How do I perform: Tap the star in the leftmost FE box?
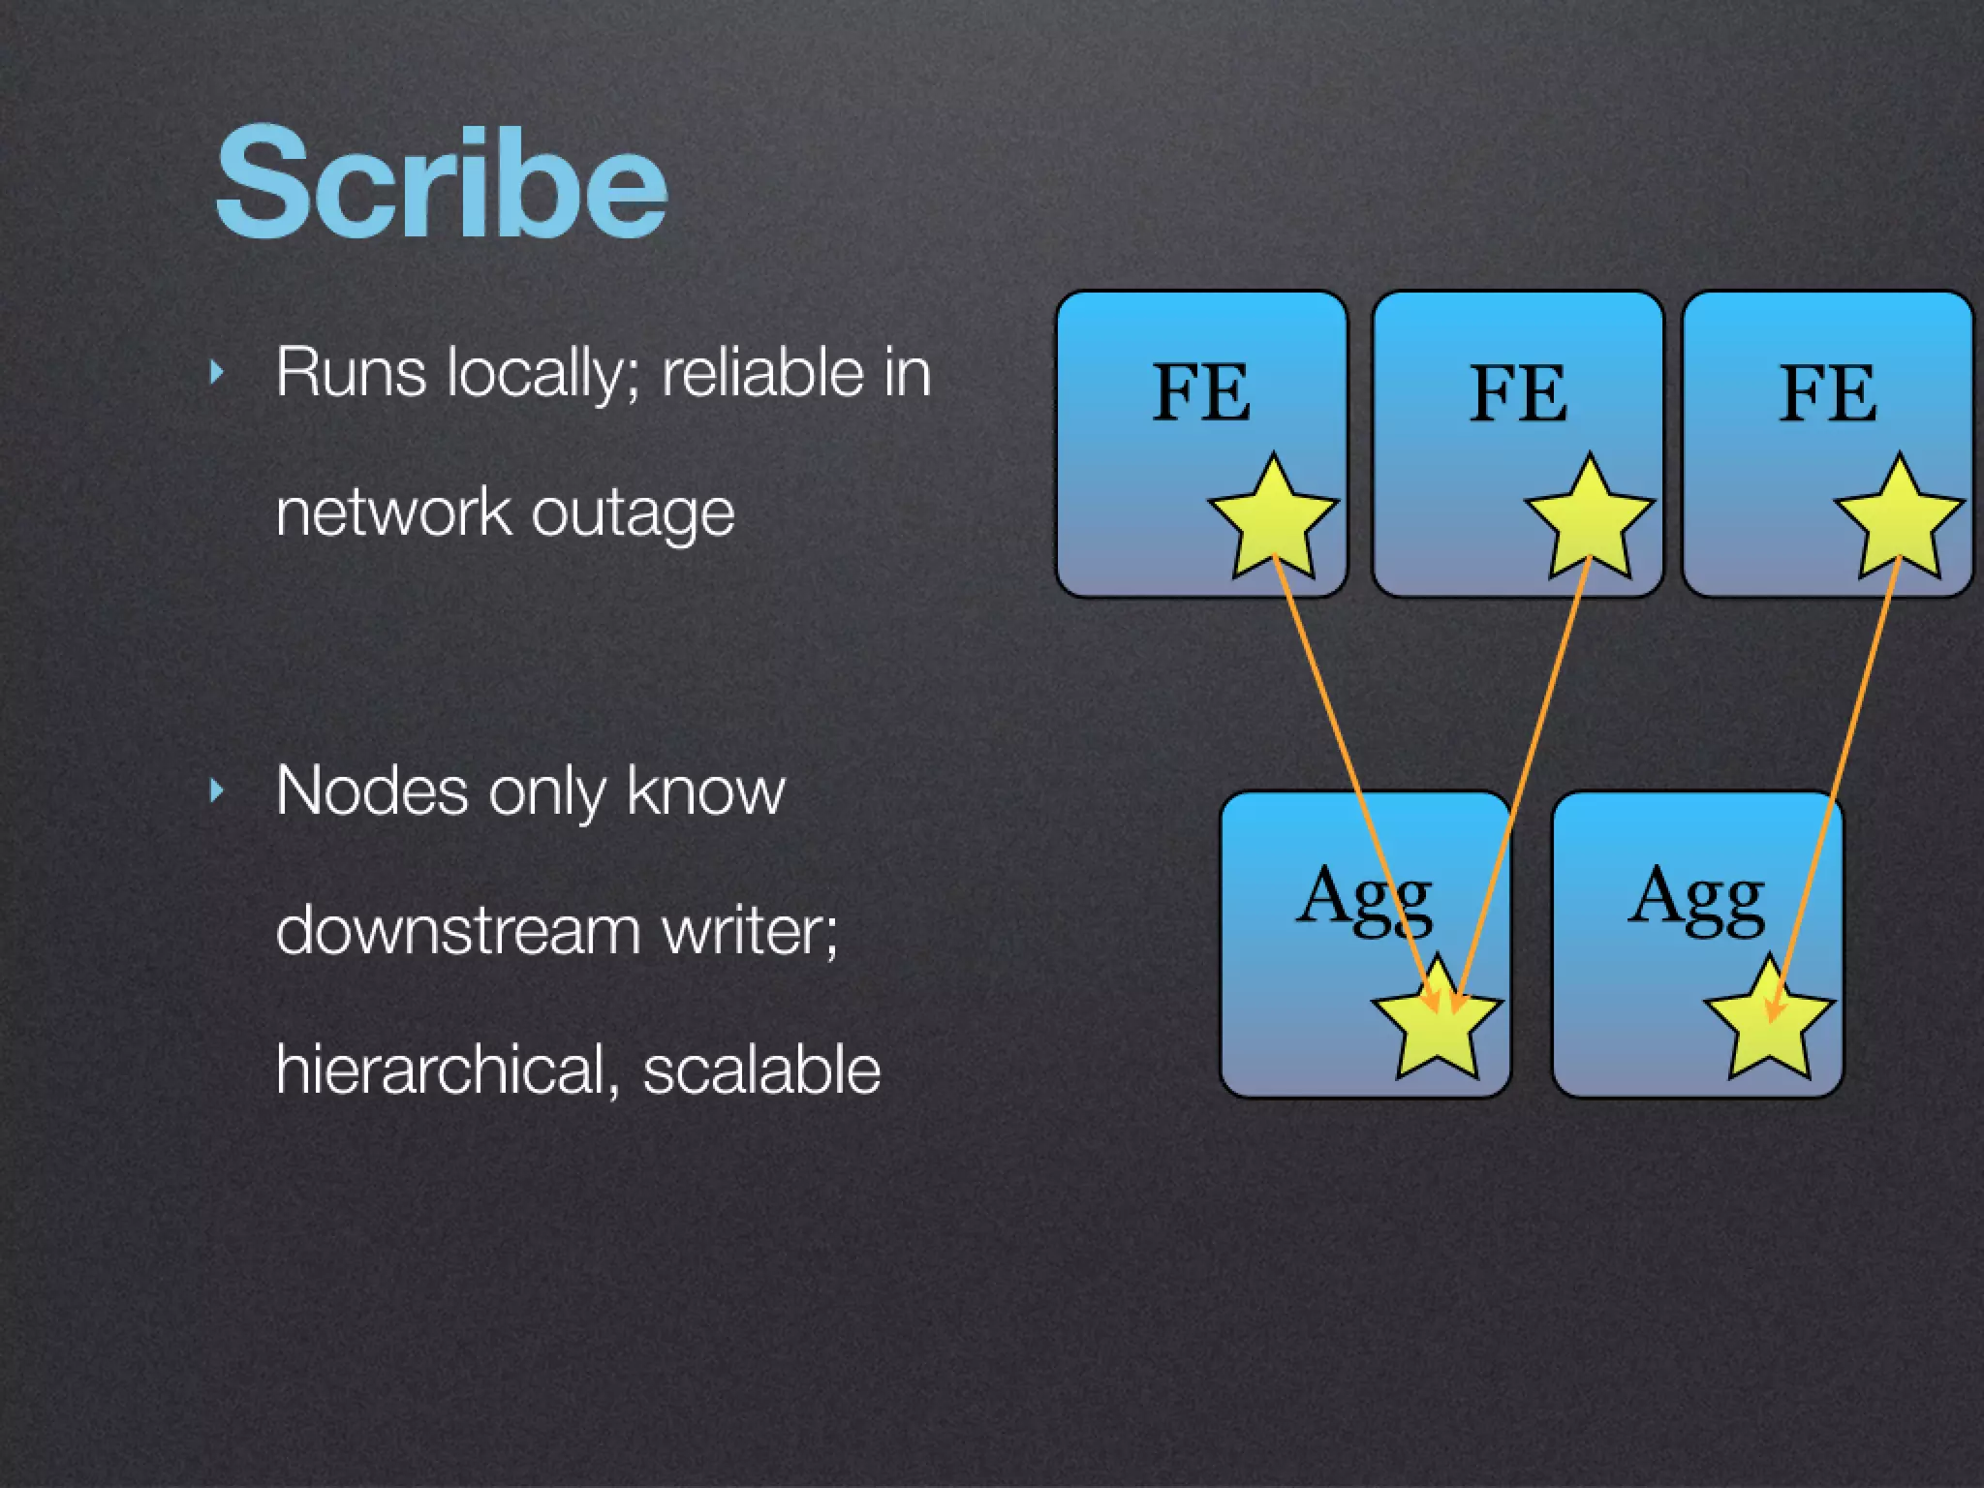pyautogui.click(x=1272, y=520)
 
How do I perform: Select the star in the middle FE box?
pyautogui.click(x=1589, y=520)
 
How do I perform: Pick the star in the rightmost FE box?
pyautogui.click(x=1899, y=520)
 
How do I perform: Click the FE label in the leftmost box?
pyautogui.click(x=1201, y=392)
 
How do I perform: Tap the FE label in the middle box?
pyautogui.click(x=1518, y=392)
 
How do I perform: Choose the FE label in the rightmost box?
pyautogui.click(x=1828, y=392)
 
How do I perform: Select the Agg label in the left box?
pyautogui.click(x=1364, y=898)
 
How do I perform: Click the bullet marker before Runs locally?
pyautogui.click(x=217, y=372)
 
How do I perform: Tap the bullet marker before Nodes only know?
pyautogui.click(x=217, y=791)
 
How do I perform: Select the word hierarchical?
pyautogui.click(x=440, y=1069)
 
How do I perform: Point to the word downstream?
pyautogui.click(x=458, y=930)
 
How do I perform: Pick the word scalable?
pyautogui.click(x=761, y=1069)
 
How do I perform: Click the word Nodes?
pyautogui.click(x=372, y=790)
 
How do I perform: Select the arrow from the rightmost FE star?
pyautogui.click(x=1836, y=775)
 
